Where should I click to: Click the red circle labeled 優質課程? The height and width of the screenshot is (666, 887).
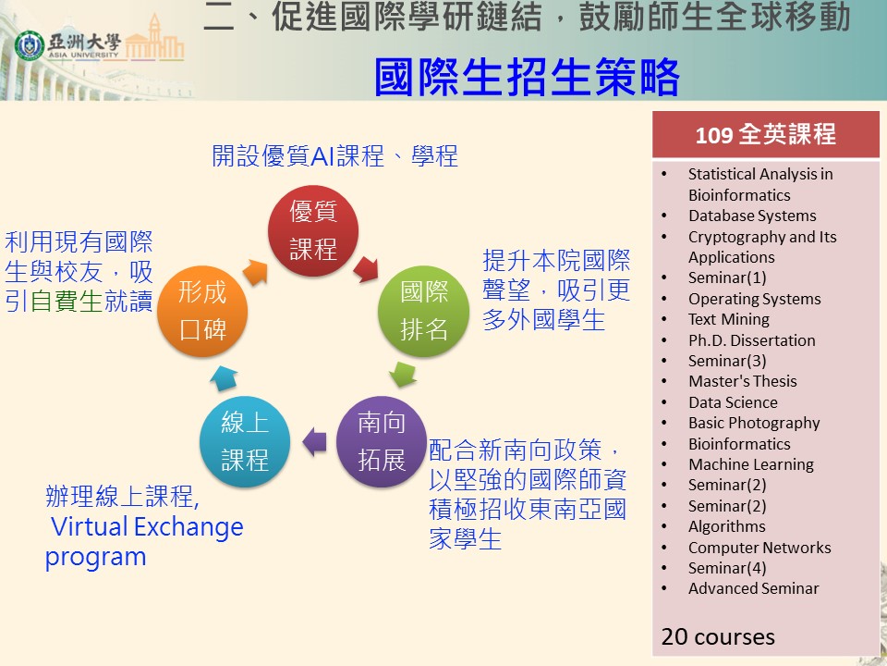[x=313, y=230]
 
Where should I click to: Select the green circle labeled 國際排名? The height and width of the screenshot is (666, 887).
[x=423, y=311]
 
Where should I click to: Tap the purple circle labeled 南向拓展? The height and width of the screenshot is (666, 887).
[x=382, y=441]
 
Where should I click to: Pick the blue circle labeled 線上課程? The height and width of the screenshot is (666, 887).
[x=245, y=441]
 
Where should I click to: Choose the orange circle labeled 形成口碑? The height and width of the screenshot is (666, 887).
[x=202, y=311]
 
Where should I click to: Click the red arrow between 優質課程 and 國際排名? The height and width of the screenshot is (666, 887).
[x=366, y=268]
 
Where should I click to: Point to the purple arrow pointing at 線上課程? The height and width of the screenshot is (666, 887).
[x=314, y=442]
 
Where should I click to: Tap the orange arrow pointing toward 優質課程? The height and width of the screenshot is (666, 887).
[x=255, y=272]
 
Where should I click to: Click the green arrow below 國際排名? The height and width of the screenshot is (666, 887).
[x=404, y=375]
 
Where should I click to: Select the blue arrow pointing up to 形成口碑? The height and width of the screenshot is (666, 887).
[x=224, y=377]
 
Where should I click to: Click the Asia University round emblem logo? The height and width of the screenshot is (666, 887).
[x=30, y=46]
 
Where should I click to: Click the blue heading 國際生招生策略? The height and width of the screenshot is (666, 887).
[x=527, y=77]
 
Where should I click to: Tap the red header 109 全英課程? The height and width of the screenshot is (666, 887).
[x=766, y=134]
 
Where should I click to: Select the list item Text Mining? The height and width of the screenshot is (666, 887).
[x=729, y=319]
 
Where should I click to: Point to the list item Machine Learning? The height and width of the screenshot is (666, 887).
[x=750, y=464]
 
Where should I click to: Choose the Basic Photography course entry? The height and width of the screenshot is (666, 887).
[x=754, y=423]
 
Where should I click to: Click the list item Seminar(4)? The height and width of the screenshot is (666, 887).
[x=727, y=568]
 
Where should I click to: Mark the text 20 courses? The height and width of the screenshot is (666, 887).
[x=718, y=636]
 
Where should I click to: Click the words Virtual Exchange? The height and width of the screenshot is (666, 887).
[x=147, y=526]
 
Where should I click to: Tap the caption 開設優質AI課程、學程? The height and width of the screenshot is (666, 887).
[x=334, y=155]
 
